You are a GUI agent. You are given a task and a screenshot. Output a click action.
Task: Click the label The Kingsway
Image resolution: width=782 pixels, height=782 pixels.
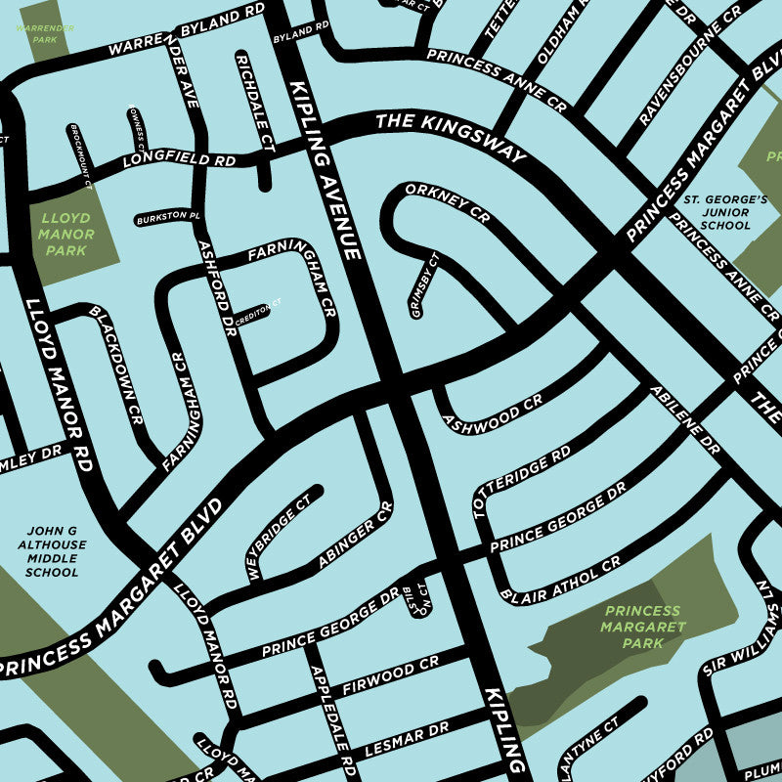[451, 136]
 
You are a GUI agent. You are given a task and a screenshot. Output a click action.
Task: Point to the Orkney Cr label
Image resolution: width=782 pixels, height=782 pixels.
[447, 202]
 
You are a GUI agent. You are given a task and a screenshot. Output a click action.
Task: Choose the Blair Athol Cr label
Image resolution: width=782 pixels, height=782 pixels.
[559, 581]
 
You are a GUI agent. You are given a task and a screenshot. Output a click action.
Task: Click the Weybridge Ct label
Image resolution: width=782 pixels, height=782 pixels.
[279, 538]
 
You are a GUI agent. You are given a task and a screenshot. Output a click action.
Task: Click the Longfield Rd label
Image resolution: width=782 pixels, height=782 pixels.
[180, 159]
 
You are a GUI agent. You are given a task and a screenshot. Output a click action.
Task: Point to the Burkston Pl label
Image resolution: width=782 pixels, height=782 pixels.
[168, 215]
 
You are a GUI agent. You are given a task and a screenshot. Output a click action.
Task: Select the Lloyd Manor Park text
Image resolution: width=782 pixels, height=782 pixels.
[65, 235]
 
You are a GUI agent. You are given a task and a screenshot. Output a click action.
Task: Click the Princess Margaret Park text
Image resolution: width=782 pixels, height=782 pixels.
[641, 627]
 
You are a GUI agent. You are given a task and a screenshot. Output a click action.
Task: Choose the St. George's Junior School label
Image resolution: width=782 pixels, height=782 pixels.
[717, 212]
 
